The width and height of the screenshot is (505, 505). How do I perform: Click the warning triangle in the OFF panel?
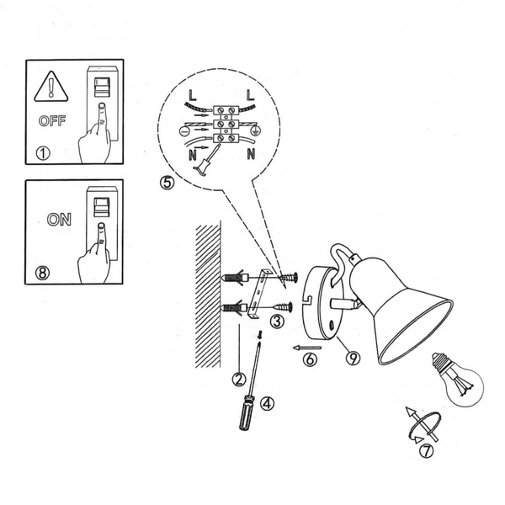(x=50, y=87)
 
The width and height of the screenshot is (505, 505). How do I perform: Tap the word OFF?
(x=50, y=121)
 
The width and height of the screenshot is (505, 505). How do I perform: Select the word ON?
(x=59, y=221)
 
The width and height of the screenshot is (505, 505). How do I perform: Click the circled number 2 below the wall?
(x=239, y=379)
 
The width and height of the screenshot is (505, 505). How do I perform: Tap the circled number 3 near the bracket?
(x=276, y=321)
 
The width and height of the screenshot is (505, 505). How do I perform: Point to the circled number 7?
(x=427, y=450)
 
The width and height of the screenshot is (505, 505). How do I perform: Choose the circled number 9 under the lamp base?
(x=353, y=358)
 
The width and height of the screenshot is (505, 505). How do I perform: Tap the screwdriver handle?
(x=245, y=414)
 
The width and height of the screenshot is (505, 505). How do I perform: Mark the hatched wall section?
(x=207, y=295)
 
